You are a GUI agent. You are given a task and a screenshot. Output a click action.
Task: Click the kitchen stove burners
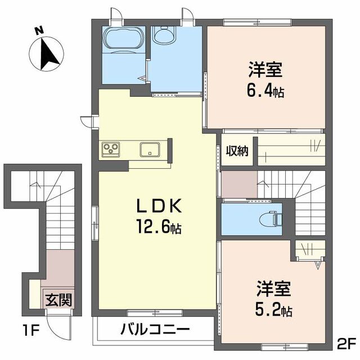pyautogui.click(x=110, y=149)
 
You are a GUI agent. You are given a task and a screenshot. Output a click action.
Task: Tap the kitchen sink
pyautogui.click(x=150, y=150)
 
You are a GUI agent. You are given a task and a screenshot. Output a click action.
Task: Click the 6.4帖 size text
pyautogui.click(x=266, y=90)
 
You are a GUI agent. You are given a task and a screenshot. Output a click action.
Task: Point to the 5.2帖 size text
pyautogui.click(x=274, y=309)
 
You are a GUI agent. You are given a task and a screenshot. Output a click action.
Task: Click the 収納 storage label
pyautogui.click(x=237, y=151)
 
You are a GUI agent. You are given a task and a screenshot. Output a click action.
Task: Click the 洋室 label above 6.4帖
pyautogui.click(x=266, y=71)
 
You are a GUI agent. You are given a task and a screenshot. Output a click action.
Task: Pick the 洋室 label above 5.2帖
pyautogui.click(x=274, y=290)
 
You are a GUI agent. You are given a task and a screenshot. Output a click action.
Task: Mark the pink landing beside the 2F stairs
pyautogui.click(x=238, y=183)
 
